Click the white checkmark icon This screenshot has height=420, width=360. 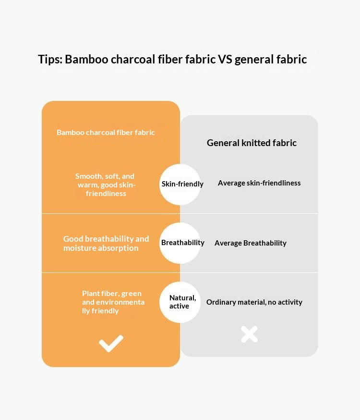[111, 343]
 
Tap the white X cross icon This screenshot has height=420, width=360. [249, 334]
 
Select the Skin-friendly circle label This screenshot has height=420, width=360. [182, 184]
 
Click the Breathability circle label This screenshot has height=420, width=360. [182, 243]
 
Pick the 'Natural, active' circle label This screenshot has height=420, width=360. [182, 302]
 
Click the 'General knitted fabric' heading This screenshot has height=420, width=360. [252, 143]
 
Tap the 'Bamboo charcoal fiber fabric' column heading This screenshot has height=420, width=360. [106, 132]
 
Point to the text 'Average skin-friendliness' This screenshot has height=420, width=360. [259, 183]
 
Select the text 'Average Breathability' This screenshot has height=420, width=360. [250, 243]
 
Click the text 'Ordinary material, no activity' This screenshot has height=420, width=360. [254, 302]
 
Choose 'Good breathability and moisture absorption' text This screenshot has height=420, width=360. [106, 243]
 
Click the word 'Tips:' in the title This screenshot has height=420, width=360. [50, 60]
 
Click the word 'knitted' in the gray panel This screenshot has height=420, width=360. [255, 143]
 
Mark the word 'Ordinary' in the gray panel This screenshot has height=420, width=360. [221, 302]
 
